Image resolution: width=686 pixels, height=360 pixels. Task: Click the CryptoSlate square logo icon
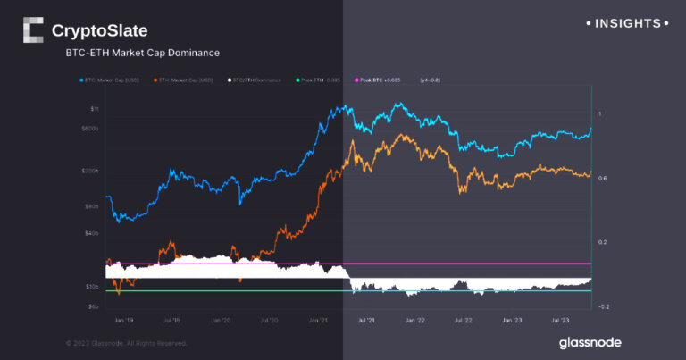pyautogui.click(x=33, y=30)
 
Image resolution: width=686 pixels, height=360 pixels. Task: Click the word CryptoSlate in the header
pyautogui.click(x=99, y=31)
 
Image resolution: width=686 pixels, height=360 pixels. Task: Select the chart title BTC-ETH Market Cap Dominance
pyautogui.click(x=142, y=54)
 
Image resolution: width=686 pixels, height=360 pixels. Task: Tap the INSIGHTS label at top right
pyautogui.click(x=628, y=23)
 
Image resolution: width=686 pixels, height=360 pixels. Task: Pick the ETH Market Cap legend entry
pyautogui.click(x=186, y=80)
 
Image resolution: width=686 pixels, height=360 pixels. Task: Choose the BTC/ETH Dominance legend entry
pyautogui.click(x=256, y=80)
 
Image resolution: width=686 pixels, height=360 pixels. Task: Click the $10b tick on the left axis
pyautogui.click(x=93, y=287)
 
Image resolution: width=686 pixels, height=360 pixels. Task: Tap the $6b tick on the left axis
pyautogui.click(x=94, y=306)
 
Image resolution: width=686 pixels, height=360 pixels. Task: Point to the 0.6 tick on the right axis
pyautogui.click(x=602, y=179)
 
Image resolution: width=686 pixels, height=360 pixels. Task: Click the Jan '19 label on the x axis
pyautogui.click(x=123, y=319)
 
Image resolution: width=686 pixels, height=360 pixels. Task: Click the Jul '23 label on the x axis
pyautogui.click(x=560, y=319)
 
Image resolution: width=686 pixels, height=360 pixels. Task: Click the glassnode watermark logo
pyautogui.click(x=590, y=342)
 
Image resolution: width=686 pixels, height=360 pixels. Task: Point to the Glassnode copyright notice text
pyautogui.click(x=127, y=343)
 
